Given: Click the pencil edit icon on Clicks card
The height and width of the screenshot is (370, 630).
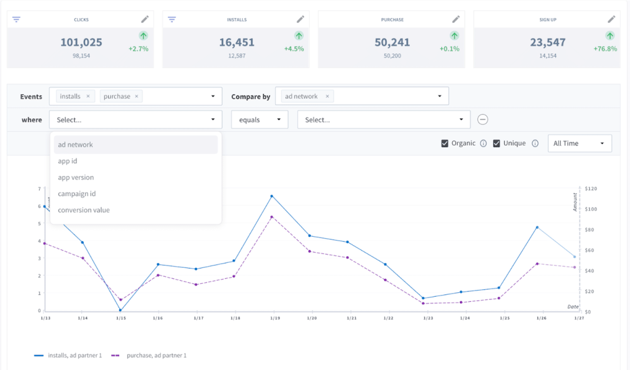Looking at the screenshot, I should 144,19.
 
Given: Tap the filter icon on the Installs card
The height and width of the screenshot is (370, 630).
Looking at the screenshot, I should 172,19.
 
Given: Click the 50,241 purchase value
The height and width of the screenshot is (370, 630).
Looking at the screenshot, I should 392,42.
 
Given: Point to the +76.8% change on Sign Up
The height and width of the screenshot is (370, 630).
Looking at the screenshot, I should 605,49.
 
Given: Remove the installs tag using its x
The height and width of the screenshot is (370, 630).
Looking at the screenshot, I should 88,96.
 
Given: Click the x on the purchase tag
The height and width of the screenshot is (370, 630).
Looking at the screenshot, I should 137,96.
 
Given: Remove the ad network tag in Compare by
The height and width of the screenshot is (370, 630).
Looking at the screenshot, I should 327,96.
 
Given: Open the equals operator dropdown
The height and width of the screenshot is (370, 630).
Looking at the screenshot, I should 260,120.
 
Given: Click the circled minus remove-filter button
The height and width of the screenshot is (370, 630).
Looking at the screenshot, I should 483,120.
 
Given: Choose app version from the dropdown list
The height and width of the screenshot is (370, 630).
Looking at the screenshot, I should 76,178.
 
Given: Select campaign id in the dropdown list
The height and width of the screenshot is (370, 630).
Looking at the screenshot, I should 77,194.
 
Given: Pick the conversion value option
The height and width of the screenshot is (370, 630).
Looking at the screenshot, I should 84,210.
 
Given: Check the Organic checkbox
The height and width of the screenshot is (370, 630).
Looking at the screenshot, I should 445,144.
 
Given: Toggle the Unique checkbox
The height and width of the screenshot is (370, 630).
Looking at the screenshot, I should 497,144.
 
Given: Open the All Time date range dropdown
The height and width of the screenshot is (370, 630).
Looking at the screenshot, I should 580,144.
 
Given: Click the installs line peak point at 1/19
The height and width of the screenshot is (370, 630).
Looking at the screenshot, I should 272,196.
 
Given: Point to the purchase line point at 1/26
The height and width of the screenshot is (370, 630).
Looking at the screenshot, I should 537,264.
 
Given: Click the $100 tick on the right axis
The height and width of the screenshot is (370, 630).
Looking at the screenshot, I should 591,209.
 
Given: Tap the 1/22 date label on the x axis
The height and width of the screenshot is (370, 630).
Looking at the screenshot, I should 388,318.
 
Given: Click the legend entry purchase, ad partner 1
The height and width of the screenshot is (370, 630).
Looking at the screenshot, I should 156,356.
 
